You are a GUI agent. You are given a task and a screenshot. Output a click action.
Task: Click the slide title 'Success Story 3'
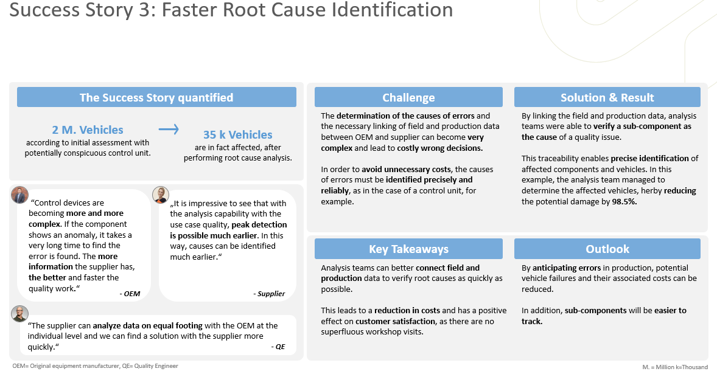coord(231,10)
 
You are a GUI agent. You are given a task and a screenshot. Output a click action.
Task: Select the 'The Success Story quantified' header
coord(156,97)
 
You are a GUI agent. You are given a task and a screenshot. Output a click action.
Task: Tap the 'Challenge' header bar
coord(408,97)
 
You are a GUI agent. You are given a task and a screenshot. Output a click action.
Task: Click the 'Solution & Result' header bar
coord(607,97)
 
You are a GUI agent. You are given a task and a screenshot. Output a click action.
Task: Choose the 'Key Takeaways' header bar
coord(408,249)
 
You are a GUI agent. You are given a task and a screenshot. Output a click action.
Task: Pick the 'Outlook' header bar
coord(607,249)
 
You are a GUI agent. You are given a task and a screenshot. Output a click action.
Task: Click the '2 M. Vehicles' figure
coord(88,130)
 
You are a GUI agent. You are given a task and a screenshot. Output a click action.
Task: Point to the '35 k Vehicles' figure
coord(237,135)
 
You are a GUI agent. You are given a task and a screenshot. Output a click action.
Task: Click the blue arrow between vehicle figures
coord(169,130)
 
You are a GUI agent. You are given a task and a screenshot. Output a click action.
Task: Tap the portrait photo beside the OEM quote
coord(19,195)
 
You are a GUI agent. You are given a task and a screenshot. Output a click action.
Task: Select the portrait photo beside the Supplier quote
coord(160,195)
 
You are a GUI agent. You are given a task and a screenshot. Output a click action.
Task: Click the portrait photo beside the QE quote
coord(19,314)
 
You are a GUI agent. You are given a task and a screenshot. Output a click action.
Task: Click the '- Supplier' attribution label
coord(269,294)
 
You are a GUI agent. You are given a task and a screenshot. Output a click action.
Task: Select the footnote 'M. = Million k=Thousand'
coord(675,367)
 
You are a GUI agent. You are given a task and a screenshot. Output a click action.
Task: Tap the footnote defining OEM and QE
coord(96,366)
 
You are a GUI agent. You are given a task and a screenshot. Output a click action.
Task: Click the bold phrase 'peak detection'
coord(256,224)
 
